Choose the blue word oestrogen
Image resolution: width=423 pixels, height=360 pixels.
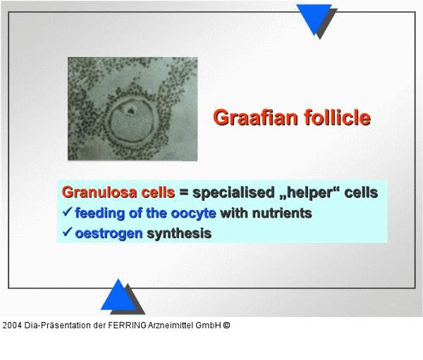pos(109,233)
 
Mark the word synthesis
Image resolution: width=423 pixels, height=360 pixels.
pos(178,233)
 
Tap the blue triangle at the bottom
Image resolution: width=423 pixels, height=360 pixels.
pos(118,296)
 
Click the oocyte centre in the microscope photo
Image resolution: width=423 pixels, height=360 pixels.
pos(130,111)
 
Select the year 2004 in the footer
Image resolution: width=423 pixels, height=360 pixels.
pos(12,325)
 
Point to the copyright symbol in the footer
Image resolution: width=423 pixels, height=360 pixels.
pos(226,325)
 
